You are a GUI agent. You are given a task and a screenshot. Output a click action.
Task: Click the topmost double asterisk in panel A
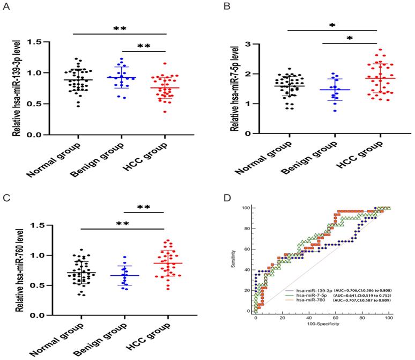click(x=119, y=28)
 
